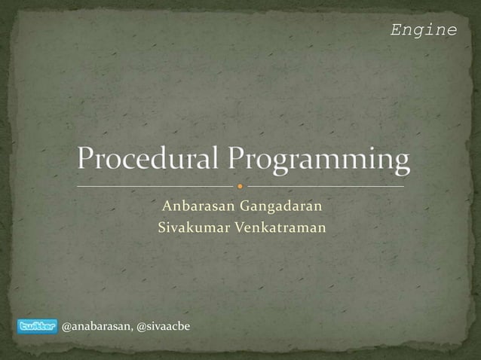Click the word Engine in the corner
424,30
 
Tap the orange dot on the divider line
240,185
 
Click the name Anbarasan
194,206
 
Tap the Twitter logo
36,326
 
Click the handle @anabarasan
95,326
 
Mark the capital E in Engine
396,30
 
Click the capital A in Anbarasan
164,206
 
